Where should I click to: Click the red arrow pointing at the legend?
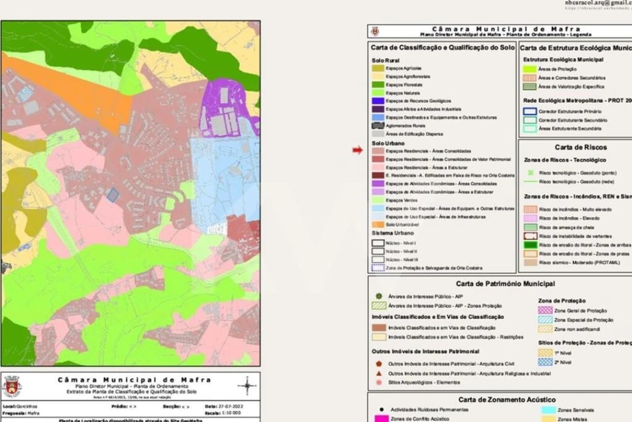click(357, 151)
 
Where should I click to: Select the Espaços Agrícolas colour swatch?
click(378, 69)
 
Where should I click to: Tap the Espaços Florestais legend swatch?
click(378, 84)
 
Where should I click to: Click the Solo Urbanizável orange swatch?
click(378, 224)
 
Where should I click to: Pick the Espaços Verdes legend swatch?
click(378, 200)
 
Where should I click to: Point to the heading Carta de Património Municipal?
click(505, 284)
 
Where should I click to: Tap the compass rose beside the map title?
click(247, 385)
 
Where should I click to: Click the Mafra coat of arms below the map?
click(11, 386)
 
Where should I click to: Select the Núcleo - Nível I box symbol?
click(378, 243)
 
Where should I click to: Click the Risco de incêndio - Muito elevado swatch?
click(529, 209)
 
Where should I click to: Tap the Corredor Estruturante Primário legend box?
click(529, 111)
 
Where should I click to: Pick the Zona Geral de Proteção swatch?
click(545, 311)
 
